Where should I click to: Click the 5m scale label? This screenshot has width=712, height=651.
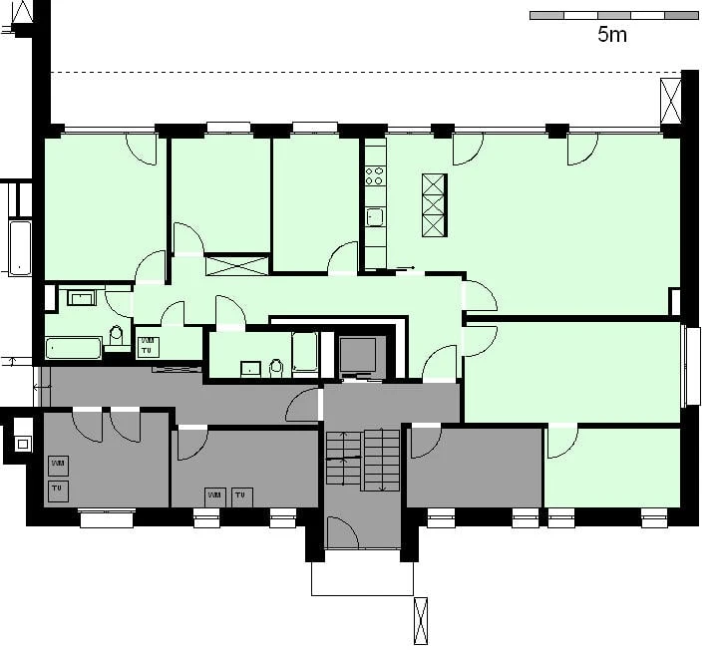click(x=612, y=35)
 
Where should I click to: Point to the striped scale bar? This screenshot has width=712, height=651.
click(x=614, y=16)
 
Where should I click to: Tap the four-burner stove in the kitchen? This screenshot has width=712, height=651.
click(x=375, y=176)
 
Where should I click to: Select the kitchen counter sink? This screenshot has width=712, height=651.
click(x=375, y=216)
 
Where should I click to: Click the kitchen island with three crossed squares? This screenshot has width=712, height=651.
click(x=434, y=204)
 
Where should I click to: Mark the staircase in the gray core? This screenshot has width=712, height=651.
click(x=362, y=460)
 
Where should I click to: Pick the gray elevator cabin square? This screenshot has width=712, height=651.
click(x=358, y=354)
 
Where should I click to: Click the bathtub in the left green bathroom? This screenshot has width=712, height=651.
click(x=74, y=348)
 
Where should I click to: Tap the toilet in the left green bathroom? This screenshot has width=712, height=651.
click(x=116, y=336)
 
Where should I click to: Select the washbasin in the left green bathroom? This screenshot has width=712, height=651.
click(x=80, y=296)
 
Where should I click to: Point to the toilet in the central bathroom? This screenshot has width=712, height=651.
click(x=277, y=369)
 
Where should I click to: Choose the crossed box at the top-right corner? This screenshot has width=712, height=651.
click(x=669, y=102)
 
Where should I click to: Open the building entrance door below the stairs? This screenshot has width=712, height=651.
click(x=345, y=532)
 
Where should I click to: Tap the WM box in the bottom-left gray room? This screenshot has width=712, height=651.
click(x=59, y=465)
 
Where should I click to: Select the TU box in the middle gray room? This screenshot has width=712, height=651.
click(x=241, y=495)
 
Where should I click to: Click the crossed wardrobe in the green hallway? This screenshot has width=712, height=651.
click(x=237, y=265)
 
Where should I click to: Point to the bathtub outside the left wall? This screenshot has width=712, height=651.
click(x=20, y=248)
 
